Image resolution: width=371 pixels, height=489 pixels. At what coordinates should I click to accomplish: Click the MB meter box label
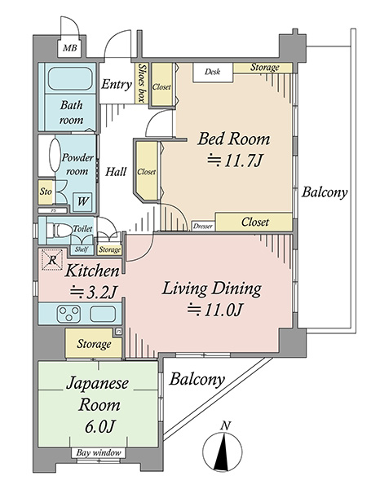click(x=69, y=48)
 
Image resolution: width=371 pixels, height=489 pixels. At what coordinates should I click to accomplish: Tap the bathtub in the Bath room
click(x=70, y=79)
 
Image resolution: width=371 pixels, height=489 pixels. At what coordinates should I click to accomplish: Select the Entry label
click(x=116, y=84)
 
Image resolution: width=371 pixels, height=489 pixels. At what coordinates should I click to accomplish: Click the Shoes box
click(x=142, y=83)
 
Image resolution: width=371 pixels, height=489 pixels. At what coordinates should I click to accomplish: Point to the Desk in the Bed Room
click(x=213, y=73)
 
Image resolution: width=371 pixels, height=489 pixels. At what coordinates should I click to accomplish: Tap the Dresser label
click(x=203, y=227)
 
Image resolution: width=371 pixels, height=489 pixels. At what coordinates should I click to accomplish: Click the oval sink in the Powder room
click(x=55, y=155)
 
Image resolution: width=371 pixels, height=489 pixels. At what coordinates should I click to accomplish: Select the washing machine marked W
click(x=82, y=201)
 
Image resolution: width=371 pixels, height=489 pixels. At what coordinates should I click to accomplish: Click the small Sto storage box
click(x=46, y=192)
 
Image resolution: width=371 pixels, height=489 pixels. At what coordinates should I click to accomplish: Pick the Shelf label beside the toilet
click(x=82, y=249)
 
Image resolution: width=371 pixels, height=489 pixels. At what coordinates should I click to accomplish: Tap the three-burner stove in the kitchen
click(x=68, y=314)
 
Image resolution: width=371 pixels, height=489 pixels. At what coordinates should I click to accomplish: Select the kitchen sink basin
click(x=103, y=314)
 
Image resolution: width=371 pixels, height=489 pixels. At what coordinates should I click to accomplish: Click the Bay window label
click(x=99, y=452)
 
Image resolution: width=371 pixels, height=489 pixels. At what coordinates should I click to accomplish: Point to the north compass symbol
click(x=222, y=448)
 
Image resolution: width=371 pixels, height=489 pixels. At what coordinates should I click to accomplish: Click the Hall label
click(x=116, y=171)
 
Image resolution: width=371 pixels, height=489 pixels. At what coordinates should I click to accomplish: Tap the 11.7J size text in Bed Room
click(x=234, y=161)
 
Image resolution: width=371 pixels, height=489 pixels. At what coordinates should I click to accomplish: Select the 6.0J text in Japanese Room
click(x=99, y=426)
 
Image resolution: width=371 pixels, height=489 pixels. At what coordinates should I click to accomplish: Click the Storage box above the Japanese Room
click(x=94, y=343)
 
